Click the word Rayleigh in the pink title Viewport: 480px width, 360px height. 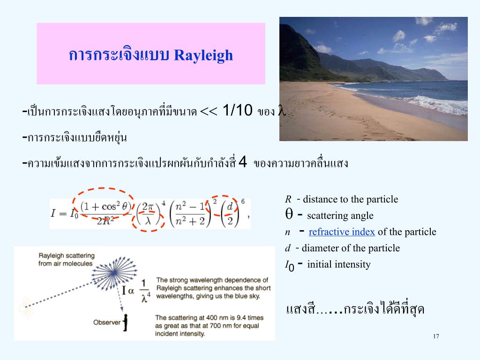pos(203,56)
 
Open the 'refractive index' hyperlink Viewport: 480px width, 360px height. pos(342,232)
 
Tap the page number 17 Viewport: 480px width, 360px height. pos(436,336)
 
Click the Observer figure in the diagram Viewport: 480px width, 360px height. pos(125,322)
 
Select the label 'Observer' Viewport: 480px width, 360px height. pos(107,322)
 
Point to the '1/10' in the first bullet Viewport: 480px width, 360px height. pos(237,110)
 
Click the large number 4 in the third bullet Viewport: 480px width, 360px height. pos(242,162)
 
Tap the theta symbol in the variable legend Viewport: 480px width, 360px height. pos(289,213)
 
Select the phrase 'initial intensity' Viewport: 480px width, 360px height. pos(338,264)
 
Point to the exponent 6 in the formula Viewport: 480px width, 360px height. pos(243,202)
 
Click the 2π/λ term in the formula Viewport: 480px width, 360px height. pos(148,213)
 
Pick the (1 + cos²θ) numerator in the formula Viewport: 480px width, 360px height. pos(106,207)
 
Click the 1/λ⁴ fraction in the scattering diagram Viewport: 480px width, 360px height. pos(145,291)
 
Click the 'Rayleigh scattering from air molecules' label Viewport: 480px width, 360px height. pos(67,259)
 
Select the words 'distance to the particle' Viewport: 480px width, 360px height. pos(351,199)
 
